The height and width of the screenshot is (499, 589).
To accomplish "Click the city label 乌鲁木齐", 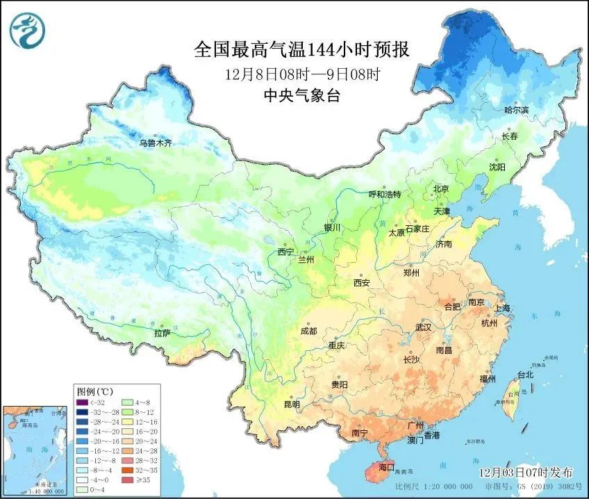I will pos(154,143).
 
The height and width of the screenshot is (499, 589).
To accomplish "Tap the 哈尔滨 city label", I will pos(516,111).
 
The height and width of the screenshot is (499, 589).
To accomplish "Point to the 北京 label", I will pos(441,188).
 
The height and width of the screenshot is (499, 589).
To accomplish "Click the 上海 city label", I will pos(503,308).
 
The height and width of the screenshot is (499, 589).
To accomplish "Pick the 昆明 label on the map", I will pos(292,404).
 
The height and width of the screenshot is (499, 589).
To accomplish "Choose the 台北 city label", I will pos(524,375).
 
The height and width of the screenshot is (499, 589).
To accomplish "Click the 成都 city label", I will pos(309,331).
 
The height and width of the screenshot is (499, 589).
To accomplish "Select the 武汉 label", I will pos(423,327).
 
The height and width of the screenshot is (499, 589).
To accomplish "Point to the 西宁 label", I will pos(285,252).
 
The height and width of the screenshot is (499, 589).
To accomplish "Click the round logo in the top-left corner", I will pos(26,30).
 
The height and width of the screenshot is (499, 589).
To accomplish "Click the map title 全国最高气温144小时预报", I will pos(301,50).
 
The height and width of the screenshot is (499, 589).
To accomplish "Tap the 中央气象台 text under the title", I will pos(301,96).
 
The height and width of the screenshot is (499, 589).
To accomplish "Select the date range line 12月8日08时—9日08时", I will pos(301,74).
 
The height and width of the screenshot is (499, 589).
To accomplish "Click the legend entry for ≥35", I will pos(142,479).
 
